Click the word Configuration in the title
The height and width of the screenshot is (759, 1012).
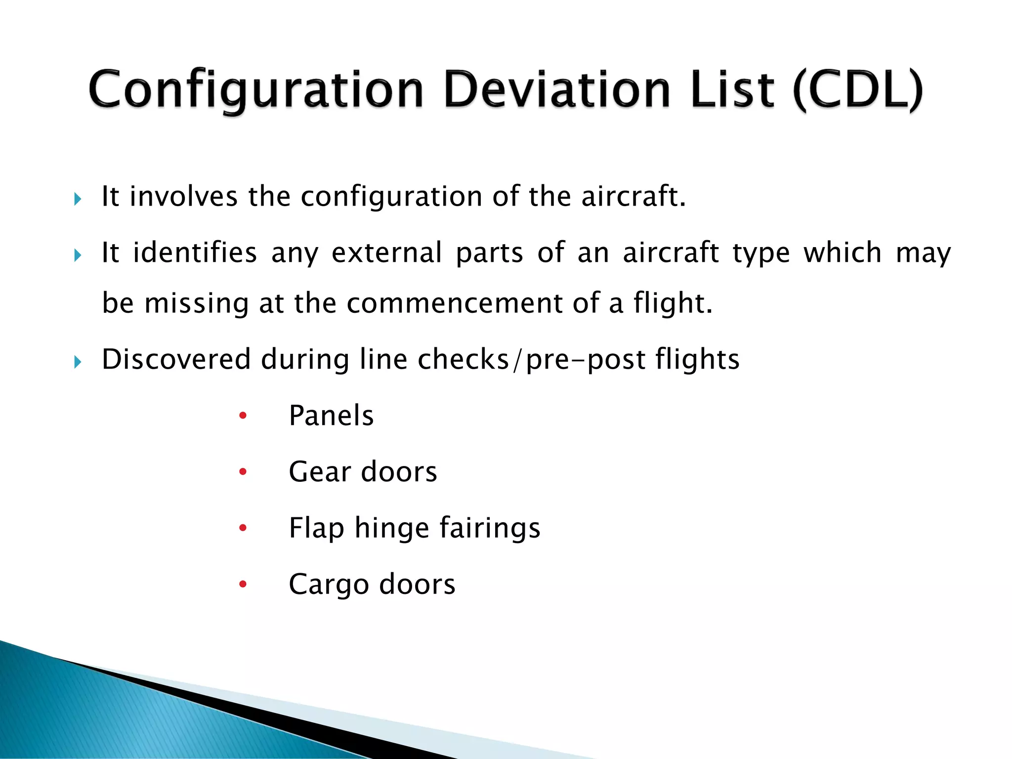pos(256,90)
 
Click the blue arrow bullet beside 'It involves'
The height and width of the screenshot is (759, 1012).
pos(78,200)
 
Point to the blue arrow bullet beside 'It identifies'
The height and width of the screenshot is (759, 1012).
pos(78,255)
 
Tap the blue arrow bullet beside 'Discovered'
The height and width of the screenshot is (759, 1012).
pos(78,363)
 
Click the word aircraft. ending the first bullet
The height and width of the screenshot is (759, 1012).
pos(633,196)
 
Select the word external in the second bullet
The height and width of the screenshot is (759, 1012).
pos(386,253)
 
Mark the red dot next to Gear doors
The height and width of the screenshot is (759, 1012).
pos(243,472)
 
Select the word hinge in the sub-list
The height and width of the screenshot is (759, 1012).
pos(391,528)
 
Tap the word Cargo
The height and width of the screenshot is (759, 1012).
pos(329,585)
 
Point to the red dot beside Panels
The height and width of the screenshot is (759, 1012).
pos(243,416)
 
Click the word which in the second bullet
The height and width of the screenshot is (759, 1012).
pos(842,253)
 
